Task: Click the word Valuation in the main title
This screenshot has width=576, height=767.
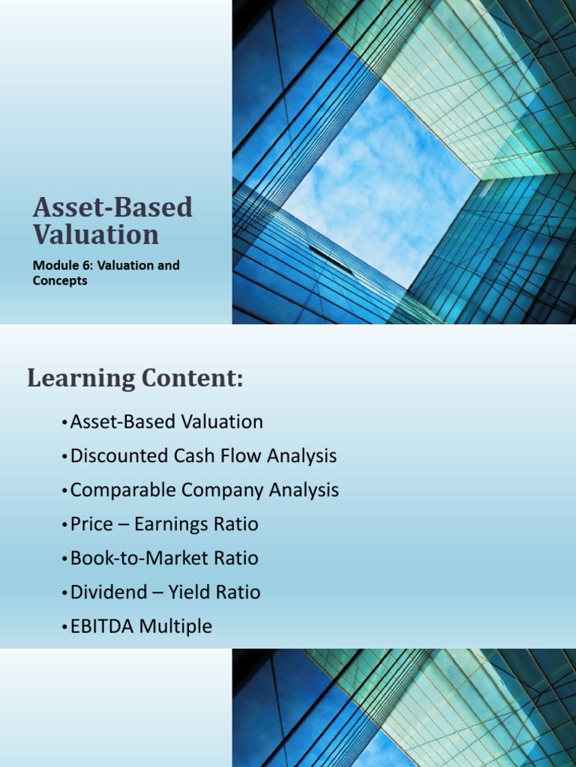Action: pos(96,234)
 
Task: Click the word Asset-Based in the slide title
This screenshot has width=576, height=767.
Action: pos(112,207)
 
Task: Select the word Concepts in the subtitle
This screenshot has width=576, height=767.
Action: pos(60,281)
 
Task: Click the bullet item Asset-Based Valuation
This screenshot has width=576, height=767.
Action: pos(166,422)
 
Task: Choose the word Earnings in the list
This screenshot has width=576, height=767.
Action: pos(175,524)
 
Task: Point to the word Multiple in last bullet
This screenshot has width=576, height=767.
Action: pos(178,626)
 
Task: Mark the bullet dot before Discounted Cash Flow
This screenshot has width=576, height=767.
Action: pos(64,457)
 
